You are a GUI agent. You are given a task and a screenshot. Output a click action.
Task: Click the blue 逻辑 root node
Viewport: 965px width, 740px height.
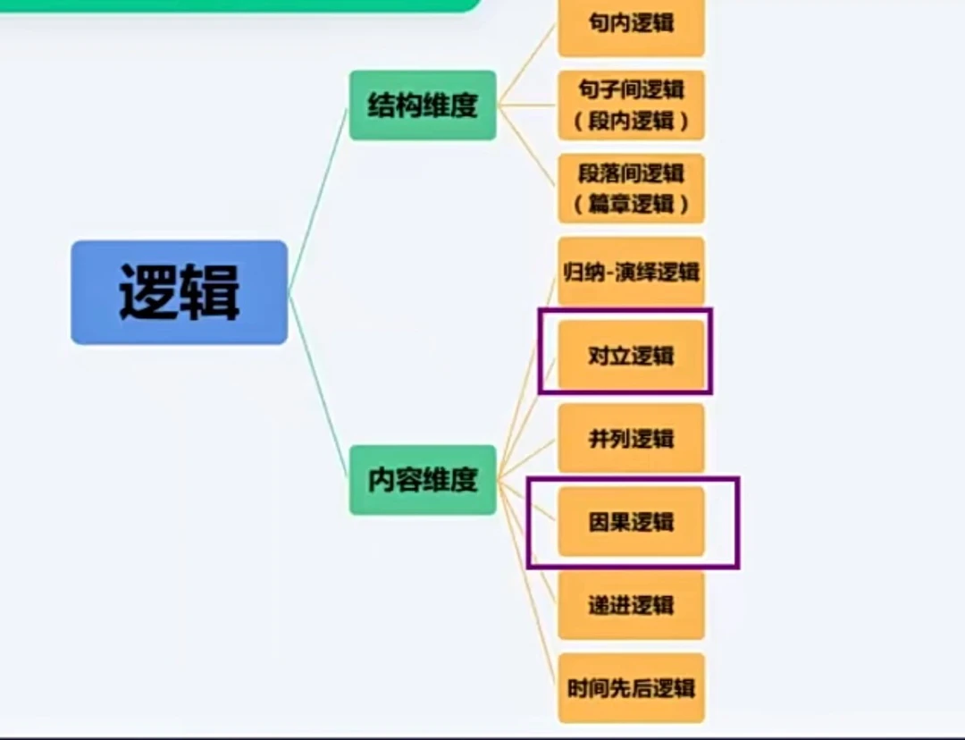coord(179,292)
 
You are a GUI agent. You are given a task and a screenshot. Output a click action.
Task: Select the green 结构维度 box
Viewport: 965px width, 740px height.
coord(422,105)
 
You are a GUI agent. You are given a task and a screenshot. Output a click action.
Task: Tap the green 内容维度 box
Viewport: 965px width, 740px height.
coord(422,480)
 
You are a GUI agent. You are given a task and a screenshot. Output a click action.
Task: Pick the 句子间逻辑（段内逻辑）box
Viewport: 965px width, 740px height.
coord(631,105)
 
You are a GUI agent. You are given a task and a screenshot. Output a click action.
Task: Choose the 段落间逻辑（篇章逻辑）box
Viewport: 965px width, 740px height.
coord(631,188)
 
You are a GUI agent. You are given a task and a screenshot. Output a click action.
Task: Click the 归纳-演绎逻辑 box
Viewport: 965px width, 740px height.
coord(631,272)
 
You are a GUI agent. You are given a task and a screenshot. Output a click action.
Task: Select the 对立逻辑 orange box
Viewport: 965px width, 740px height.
coord(631,355)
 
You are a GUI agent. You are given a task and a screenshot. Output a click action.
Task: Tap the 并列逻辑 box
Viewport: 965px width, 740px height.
coord(631,438)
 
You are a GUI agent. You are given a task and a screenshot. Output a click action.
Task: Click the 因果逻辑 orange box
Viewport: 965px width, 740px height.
coord(631,522)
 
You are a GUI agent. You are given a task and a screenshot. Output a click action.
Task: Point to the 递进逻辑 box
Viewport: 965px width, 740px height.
coord(631,605)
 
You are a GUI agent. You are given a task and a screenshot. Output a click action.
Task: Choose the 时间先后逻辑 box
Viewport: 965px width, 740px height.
coord(631,688)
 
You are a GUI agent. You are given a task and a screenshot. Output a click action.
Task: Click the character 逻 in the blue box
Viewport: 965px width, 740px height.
coord(148,292)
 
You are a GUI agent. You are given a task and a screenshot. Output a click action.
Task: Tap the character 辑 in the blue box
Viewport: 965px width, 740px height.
coord(211,292)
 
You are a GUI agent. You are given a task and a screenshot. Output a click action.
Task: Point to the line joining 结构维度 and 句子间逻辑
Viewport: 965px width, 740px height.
coord(527,105)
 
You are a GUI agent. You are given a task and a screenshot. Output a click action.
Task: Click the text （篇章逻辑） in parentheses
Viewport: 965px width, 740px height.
coord(631,204)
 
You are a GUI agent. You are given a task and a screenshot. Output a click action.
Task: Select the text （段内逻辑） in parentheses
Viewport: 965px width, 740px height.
coord(631,121)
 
